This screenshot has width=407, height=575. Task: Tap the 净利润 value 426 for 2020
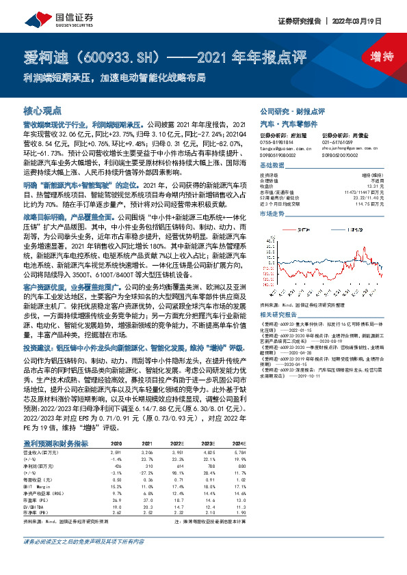[118, 464]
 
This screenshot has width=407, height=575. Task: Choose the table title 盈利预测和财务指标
[55, 445]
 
